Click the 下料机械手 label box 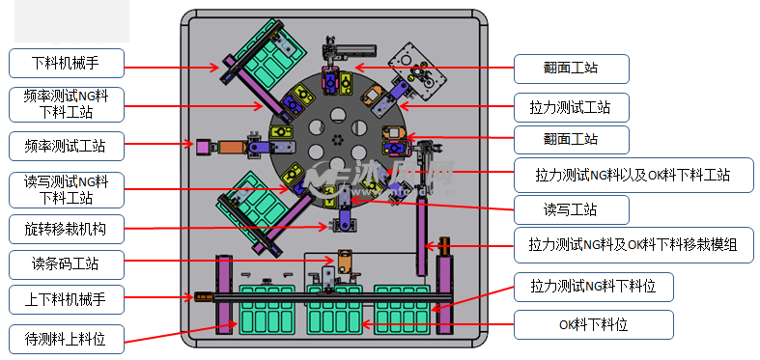(67, 63)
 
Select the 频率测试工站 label (67, 146)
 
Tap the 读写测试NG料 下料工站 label (67, 189)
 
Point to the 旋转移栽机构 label (67, 229)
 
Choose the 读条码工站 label (67, 264)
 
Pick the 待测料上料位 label (67, 339)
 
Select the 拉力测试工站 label (572, 107)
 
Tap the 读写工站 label (572, 209)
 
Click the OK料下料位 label (594, 324)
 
